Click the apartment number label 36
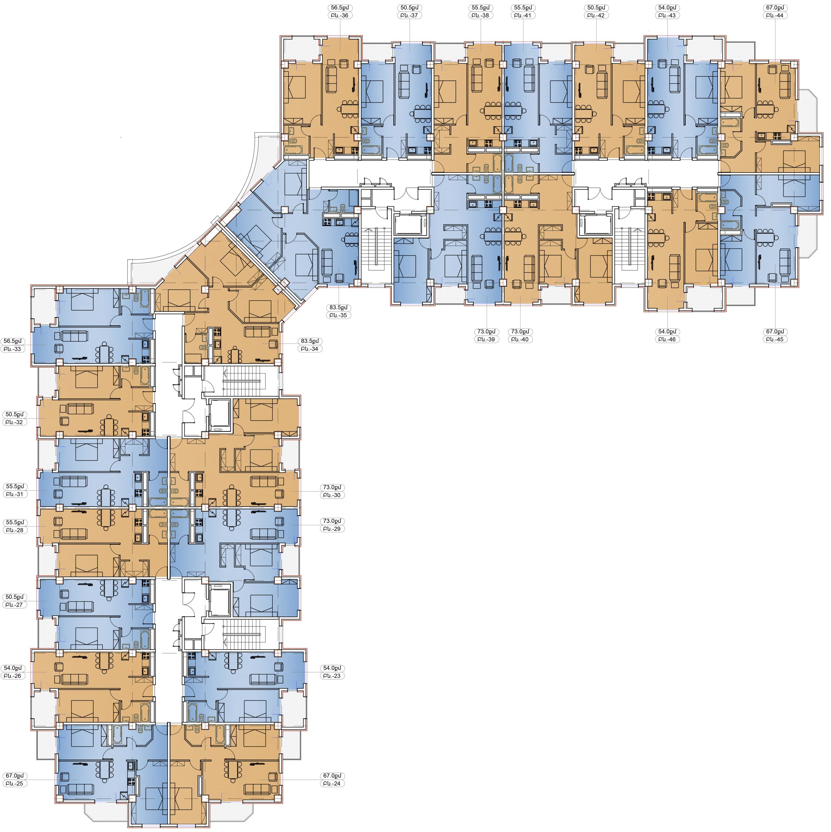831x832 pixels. tap(340, 16)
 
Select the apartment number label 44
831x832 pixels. tap(775, 16)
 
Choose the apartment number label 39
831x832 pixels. tap(486, 340)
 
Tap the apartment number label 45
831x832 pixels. tap(775, 340)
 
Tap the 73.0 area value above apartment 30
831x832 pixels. tap(332, 487)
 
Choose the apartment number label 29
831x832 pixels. tap(332, 529)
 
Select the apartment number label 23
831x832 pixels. tap(332, 676)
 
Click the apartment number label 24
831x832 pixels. tap(332, 784)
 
